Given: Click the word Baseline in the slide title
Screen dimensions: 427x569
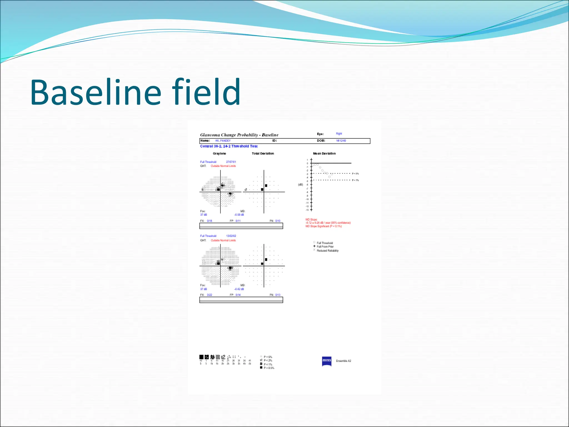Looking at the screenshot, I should click(x=96, y=92).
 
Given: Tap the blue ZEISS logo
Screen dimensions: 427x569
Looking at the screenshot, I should click(x=326, y=361).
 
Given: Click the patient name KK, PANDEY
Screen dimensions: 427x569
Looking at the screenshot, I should click(x=223, y=141).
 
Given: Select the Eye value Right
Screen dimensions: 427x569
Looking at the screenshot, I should click(x=339, y=134).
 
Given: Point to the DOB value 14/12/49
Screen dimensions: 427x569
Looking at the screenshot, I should click(x=341, y=141).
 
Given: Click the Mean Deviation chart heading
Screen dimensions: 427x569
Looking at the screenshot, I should click(x=324, y=153).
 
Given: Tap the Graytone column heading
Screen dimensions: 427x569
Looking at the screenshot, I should click(x=219, y=153).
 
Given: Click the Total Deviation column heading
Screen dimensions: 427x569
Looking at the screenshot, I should click(x=263, y=153).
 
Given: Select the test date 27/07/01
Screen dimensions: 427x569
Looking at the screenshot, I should click(x=231, y=162).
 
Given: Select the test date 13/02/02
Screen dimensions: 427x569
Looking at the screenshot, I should click(x=231, y=236).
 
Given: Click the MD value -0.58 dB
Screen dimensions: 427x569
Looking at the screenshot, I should click(x=239, y=215).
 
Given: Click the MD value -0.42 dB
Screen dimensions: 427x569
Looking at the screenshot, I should click(x=239, y=289).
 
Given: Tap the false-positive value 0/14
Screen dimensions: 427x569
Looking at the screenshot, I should click(x=238, y=295).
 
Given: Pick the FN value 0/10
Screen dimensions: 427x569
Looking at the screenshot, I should click(x=278, y=221).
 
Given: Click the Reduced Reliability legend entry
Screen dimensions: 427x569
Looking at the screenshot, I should click(x=328, y=251).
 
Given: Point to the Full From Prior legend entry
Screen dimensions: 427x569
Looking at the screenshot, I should click(x=325, y=247).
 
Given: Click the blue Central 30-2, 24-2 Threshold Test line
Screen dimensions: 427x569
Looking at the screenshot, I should click(x=229, y=146).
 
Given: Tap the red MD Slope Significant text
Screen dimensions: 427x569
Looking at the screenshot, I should click(x=324, y=226).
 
